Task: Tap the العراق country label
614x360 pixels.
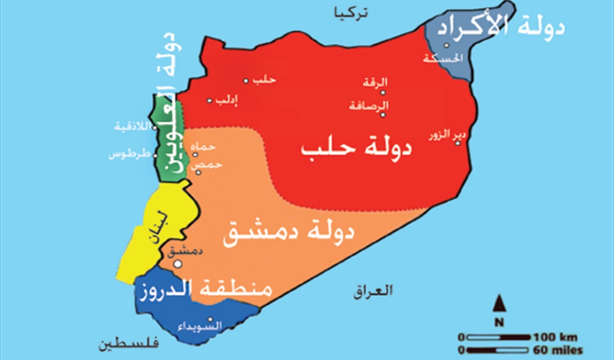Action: [x=372, y=292]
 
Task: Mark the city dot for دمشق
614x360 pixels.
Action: [x=177, y=263]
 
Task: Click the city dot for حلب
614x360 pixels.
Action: [x=245, y=80]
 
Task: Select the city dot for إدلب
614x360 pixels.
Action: [x=209, y=100]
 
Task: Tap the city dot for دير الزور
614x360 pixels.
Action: [x=458, y=143]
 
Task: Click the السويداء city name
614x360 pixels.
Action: [x=201, y=326]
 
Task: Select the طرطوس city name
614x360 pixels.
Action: [x=128, y=154]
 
